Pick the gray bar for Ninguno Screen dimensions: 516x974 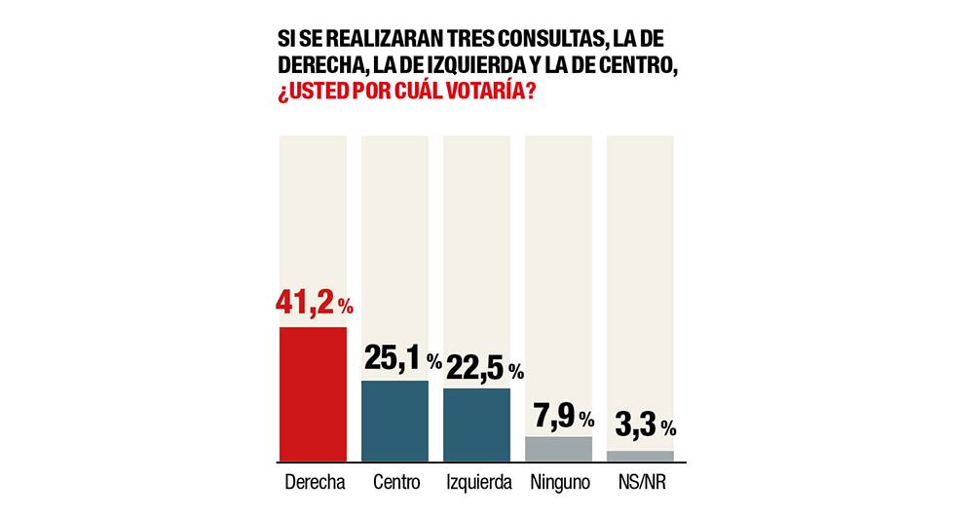click(x=558, y=448)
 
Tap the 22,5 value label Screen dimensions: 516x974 click(x=472, y=367)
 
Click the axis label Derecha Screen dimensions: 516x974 click(x=313, y=482)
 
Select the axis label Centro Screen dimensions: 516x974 click(x=394, y=482)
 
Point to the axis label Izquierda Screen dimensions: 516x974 click(x=476, y=482)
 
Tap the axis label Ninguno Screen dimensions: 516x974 click(x=558, y=482)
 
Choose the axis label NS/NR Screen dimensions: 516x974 click(x=640, y=482)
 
